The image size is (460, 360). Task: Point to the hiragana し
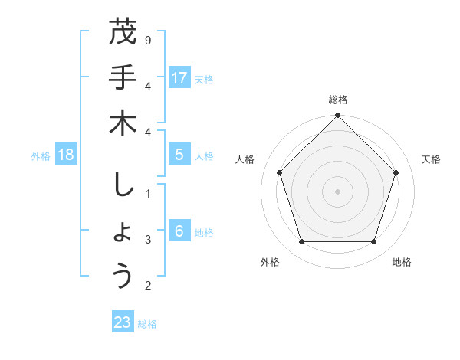[123, 185]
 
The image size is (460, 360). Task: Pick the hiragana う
[123, 277]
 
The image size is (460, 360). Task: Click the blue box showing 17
[179, 78]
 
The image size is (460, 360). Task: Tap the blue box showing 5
[179, 155]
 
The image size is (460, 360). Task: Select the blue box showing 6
[179, 231]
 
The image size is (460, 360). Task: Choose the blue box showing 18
[66, 155]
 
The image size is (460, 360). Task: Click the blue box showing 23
[123, 322]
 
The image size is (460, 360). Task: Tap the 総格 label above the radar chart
[337, 100]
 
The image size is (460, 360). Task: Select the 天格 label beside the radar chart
[432, 159]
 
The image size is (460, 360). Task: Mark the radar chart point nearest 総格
[337, 116]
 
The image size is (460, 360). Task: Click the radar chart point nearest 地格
[373, 241]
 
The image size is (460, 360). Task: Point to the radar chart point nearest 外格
[301, 241]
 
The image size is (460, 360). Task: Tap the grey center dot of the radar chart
[337, 191]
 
